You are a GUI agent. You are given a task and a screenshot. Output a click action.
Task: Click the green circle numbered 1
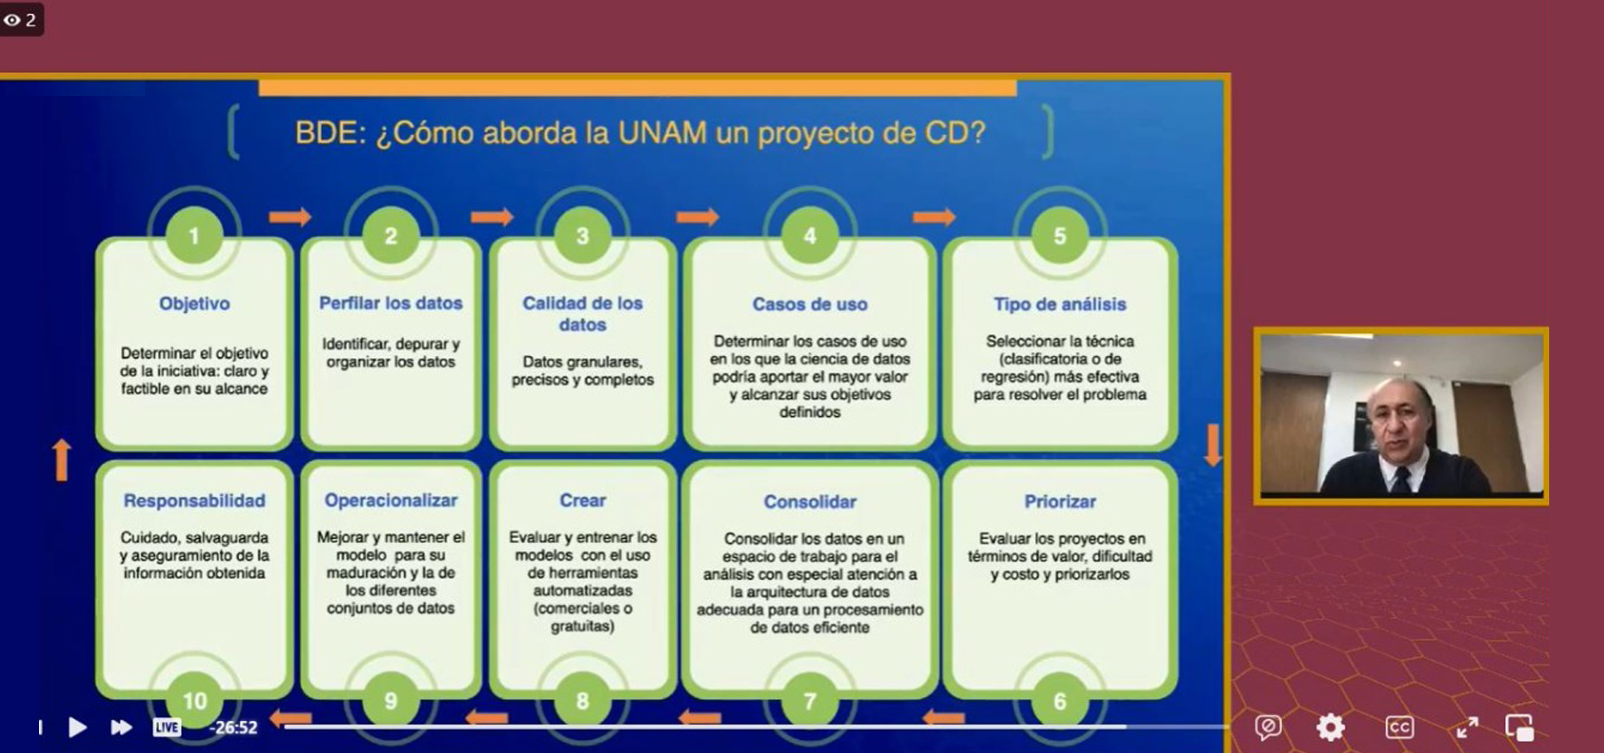tap(194, 236)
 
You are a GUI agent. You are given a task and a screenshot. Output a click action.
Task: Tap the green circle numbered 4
tap(810, 236)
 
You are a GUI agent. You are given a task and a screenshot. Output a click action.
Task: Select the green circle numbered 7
tap(810, 701)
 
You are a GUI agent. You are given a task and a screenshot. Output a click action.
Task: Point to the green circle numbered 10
tap(194, 701)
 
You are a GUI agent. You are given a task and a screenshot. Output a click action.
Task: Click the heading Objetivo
tap(194, 304)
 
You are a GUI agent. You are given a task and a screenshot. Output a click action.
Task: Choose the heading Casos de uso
tap(810, 304)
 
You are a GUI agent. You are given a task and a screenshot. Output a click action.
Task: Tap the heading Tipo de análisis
tap(1060, 304)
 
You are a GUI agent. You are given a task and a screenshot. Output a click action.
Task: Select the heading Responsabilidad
tap(194, 501)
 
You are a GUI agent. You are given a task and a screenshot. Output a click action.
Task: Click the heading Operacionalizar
tap(391, 501)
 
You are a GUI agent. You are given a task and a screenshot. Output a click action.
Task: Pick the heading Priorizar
tap(1060, 502)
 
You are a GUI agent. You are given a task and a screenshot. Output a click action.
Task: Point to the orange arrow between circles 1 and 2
tap(290, 217)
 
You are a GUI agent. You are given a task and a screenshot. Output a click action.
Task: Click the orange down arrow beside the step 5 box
tap(1212, 445)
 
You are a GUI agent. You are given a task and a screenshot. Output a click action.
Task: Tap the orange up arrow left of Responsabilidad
tap(61, 459)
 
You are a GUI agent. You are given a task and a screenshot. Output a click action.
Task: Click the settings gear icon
tap(1330, 727)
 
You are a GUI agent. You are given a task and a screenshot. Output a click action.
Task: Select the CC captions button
tap(1399, 727)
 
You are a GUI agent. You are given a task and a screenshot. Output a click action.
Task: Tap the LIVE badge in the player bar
tap(167, 727)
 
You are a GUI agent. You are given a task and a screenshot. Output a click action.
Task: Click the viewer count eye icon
tap(12, 20)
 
